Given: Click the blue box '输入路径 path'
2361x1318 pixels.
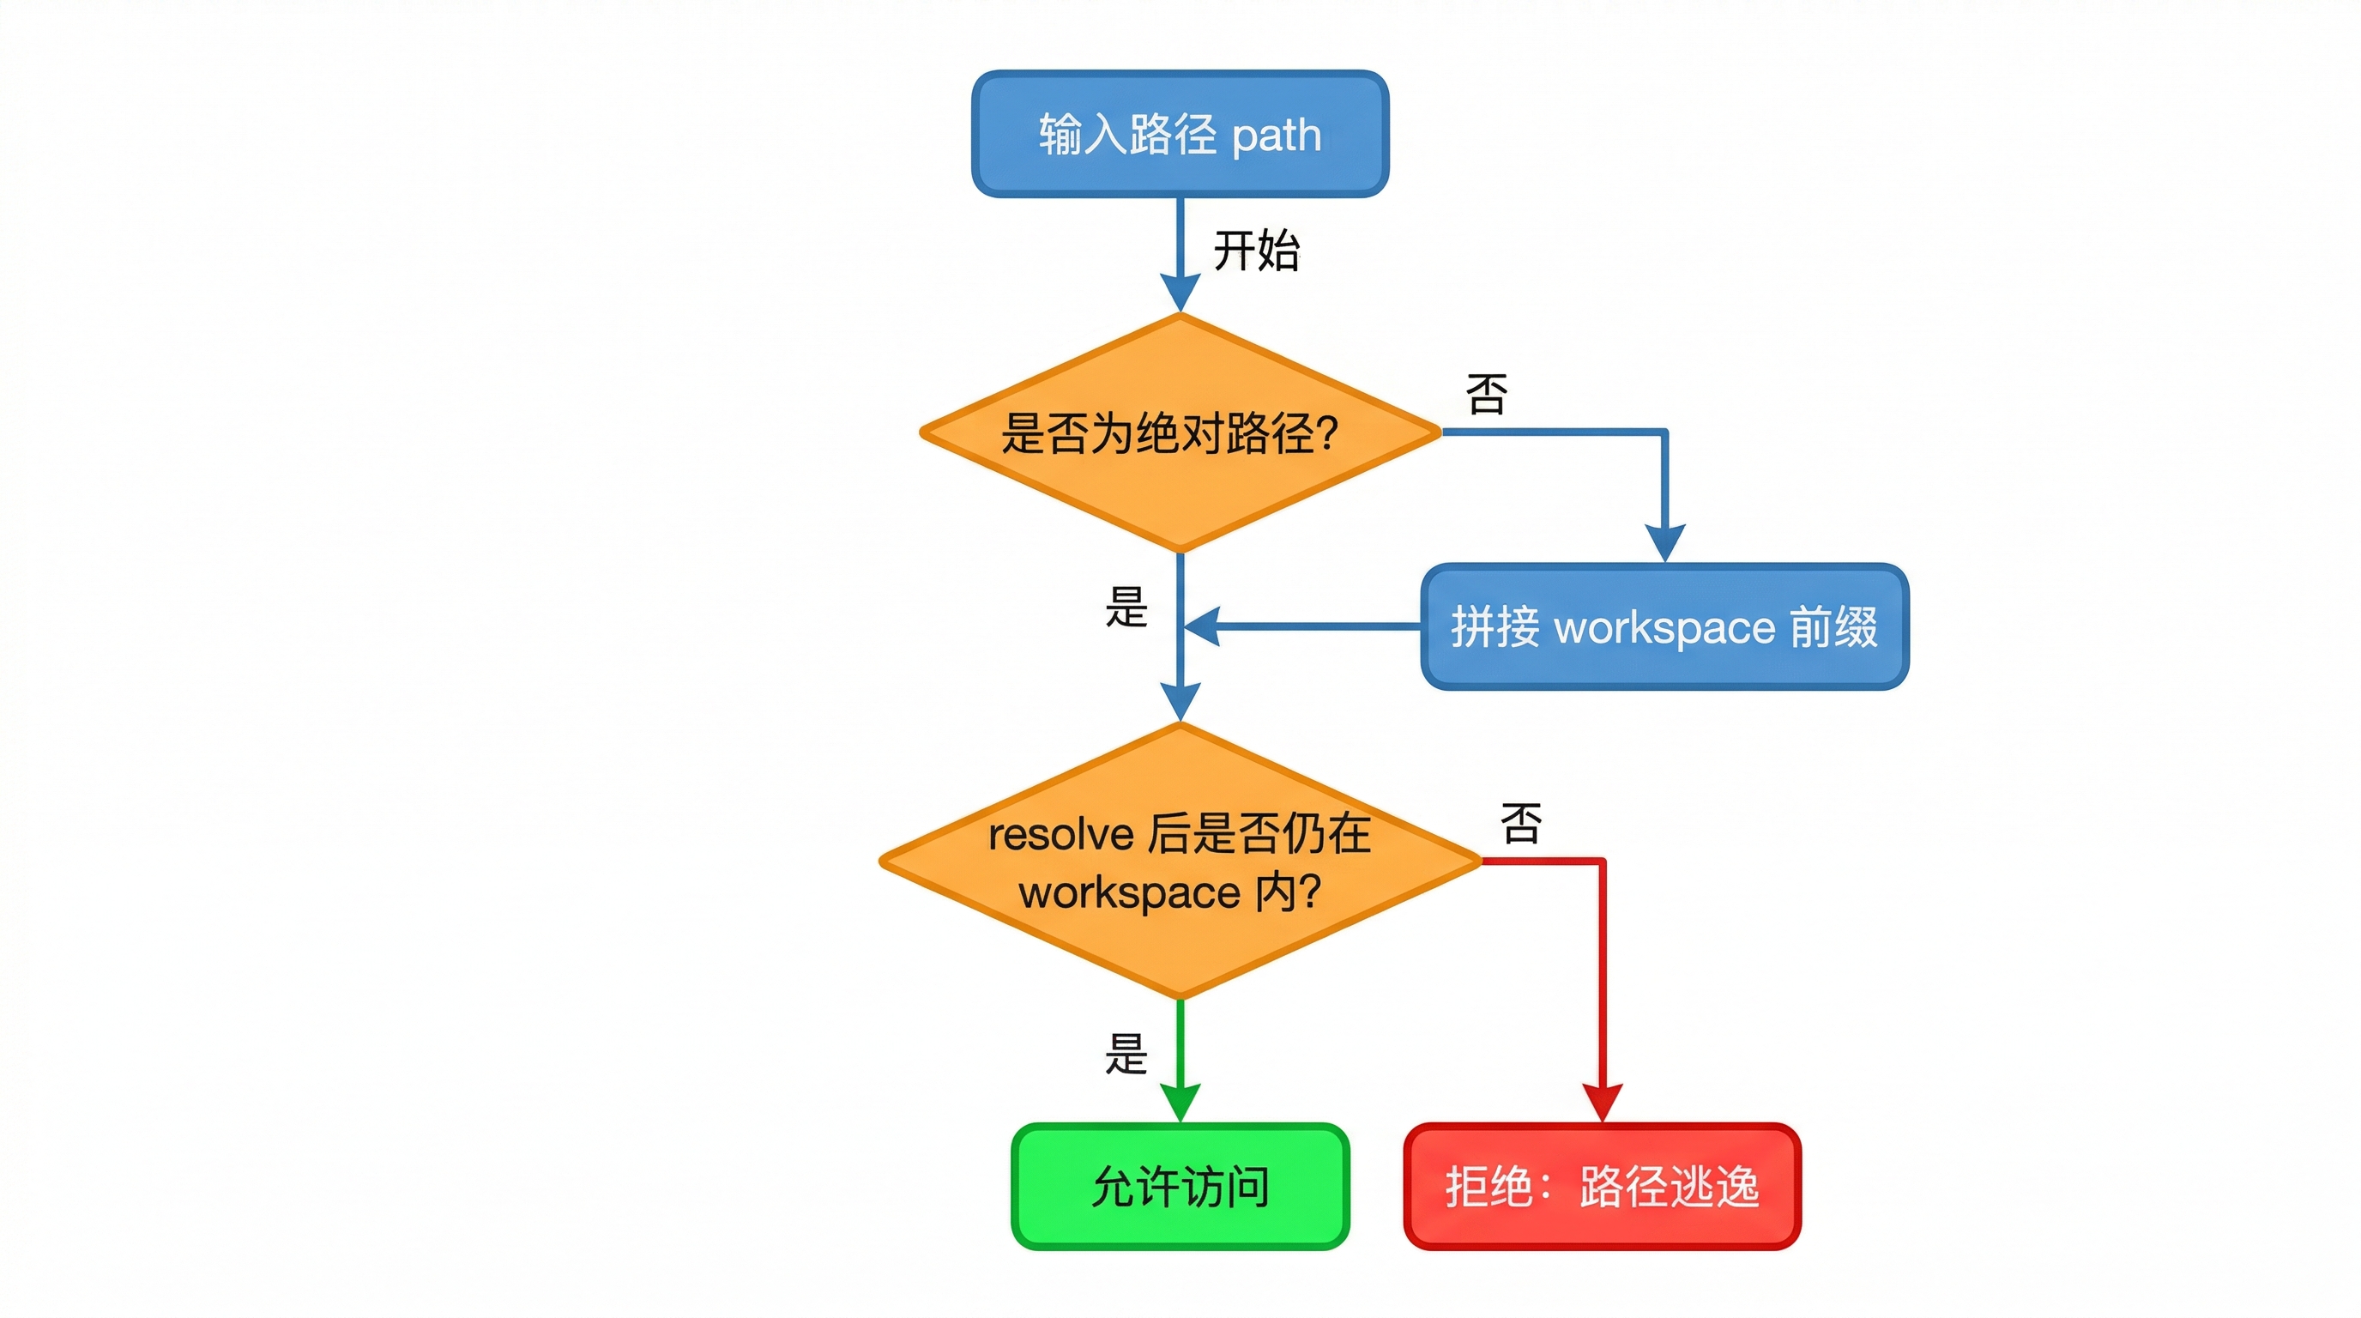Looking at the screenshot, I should click(x=1180, y=134).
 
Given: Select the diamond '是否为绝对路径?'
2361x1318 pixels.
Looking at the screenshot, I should click(x=1180, y=432).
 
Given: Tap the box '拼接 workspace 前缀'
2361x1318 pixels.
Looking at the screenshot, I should click(x=1664, y=627).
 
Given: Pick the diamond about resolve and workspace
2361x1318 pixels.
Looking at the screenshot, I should click(x=1180, y=862).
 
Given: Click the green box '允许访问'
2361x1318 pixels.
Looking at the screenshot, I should click(x=1180, y=1186).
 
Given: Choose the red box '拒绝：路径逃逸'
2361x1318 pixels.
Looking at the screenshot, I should click(x=1601, y=1186).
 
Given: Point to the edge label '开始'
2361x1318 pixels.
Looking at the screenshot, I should click(x=1256, y=251).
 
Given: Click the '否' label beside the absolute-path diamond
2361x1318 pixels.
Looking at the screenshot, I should click(x=1486, y=394).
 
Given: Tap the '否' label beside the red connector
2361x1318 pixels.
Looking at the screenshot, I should click(x=1520, y=822).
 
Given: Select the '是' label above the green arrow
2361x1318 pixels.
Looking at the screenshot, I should click(x=1126, y=1053).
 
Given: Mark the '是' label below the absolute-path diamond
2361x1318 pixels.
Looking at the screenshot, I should click(x=1126, y=607).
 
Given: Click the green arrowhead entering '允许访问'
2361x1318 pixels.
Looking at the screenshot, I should click(x=1180, y=1103).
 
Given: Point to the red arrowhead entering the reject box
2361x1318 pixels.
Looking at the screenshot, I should click(x=1602, y=1103).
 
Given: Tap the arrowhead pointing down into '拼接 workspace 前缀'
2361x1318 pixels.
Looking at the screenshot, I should click(x=1664, y=542).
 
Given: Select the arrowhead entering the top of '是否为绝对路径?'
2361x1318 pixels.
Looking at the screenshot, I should click(x=1180, y=293).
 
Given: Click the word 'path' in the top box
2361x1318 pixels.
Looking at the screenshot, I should click(x=1276, y=136).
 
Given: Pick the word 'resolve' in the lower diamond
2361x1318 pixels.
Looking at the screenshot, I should click(x=1060, y=835).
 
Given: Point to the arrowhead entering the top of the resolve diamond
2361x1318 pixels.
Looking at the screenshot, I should click(x=1180, y=702).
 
